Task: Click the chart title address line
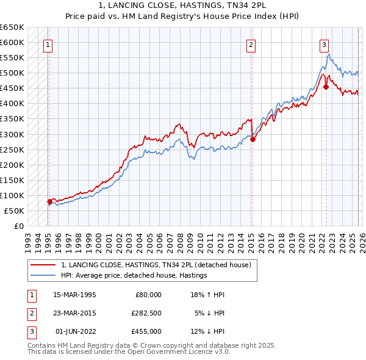183,7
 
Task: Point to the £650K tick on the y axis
12,27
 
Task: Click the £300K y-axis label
12,134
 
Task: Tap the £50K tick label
15,211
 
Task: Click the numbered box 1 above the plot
48,44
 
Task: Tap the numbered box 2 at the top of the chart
251,44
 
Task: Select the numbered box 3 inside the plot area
324,44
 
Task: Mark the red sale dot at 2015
253,139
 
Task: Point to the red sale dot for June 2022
326,87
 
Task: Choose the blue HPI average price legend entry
134,276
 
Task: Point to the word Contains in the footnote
41,345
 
